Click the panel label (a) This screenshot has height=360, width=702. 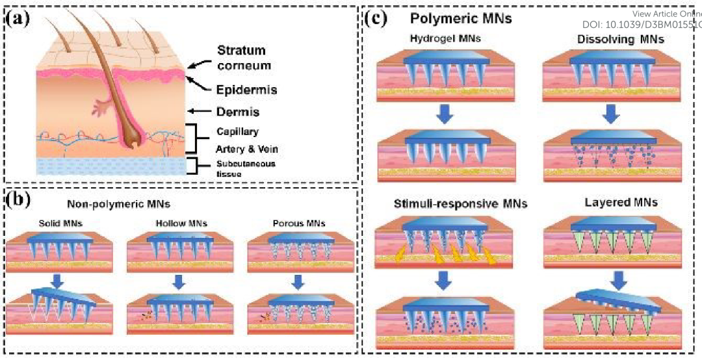(18, 18)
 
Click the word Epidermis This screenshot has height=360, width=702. (246, 90)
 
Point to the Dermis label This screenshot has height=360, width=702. (237, 112)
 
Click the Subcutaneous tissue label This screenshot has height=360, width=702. (245, 167)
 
